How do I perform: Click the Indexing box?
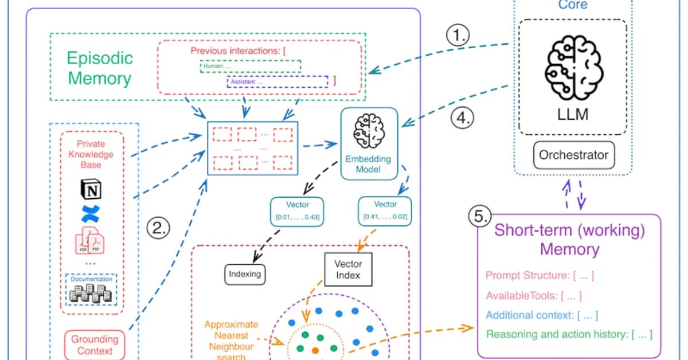pos(245,274)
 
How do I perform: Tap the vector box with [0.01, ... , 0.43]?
pos(297,211)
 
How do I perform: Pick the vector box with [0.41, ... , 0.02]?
pos(385,211)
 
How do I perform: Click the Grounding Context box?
pos(95,345)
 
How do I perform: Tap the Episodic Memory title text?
pos(100,68)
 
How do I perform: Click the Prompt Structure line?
pos(540,276)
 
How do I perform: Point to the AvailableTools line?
pos(534,296)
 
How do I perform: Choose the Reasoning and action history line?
pos(569,334)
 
